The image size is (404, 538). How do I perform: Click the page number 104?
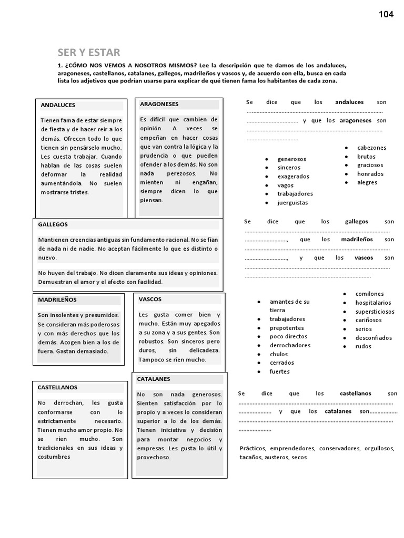[x=386, y=14]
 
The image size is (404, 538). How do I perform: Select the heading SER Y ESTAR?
[x=88, y=52]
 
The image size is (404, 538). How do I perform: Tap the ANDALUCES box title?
[x=58, y=105]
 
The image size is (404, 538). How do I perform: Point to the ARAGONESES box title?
[x=159, y=104]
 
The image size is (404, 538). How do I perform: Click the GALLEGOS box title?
[x=53, y=224]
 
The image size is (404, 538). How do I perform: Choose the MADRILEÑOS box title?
[x=57, y=299]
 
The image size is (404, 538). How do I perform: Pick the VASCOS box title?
[x=150, y=299]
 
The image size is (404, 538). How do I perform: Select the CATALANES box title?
[x=154, y=379]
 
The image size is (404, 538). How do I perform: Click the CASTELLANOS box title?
[x=57, y=387]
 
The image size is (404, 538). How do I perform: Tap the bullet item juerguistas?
[x=293, y=203]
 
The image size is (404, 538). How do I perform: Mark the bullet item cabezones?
[x=371, y=148]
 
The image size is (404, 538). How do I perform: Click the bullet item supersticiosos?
[x=375, y=312]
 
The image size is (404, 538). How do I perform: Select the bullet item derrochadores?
[x=290, y=345]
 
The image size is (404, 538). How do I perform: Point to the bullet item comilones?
[x=369, y=294]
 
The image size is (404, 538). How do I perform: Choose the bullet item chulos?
[x=279, y=354]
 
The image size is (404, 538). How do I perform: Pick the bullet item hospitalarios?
[x=373, y=303]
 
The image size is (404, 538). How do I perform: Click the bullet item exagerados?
[x=294, y=177]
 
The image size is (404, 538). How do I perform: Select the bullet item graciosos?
[x=370, y=165]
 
